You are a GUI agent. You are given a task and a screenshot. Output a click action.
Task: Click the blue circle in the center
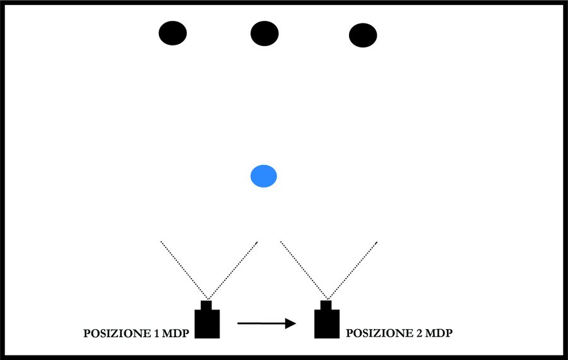(264, 176)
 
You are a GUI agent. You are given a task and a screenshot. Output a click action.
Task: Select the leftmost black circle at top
(173, 33)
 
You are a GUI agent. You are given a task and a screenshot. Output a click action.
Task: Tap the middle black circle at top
(264, 33)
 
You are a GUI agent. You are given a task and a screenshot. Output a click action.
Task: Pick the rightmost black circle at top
(363, 35)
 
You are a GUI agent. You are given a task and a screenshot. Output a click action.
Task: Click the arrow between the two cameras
(266, 323)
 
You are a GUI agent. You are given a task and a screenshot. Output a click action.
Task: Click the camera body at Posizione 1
(207, 324)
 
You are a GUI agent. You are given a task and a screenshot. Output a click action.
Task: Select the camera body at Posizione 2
(327, 324)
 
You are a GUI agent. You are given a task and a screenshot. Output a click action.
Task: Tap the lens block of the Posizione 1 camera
(206, 305)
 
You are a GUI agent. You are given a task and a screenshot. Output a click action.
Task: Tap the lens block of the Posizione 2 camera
(326, 305)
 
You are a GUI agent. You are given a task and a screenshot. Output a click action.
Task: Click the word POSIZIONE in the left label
(117, 333)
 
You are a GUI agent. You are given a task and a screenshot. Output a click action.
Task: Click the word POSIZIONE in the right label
(380, 333)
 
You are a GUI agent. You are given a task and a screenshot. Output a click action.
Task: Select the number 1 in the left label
(157, 333)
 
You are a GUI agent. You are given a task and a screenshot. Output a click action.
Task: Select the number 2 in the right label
(420, 333)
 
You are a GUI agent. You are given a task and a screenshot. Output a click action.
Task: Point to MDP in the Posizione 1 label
(175, 333)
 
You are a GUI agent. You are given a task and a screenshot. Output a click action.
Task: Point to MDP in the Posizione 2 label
(439, 333)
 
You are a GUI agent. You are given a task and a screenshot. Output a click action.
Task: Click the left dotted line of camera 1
(184, 270)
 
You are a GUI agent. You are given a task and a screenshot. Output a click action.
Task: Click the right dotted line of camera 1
(232, 270)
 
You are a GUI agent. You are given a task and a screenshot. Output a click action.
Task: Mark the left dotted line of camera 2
(304, 270)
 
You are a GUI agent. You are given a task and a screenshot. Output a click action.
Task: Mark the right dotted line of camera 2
(352, 270)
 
